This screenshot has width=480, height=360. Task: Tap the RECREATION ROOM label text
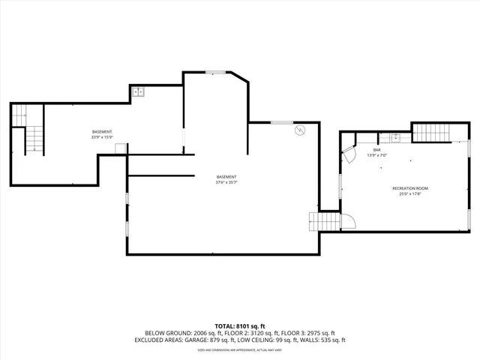tap(410, 188)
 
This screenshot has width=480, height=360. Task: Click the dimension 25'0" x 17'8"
tap(410, 194)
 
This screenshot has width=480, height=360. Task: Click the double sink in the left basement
tap(138, 91)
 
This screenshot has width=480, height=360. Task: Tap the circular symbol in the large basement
tap(298, 130)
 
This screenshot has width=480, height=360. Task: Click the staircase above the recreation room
tap(430, 133)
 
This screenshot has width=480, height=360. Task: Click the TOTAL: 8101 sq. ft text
tap(240, 326)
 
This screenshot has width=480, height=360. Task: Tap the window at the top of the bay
tap(216, 72)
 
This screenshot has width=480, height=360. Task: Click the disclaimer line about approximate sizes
tap(240, 349)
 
